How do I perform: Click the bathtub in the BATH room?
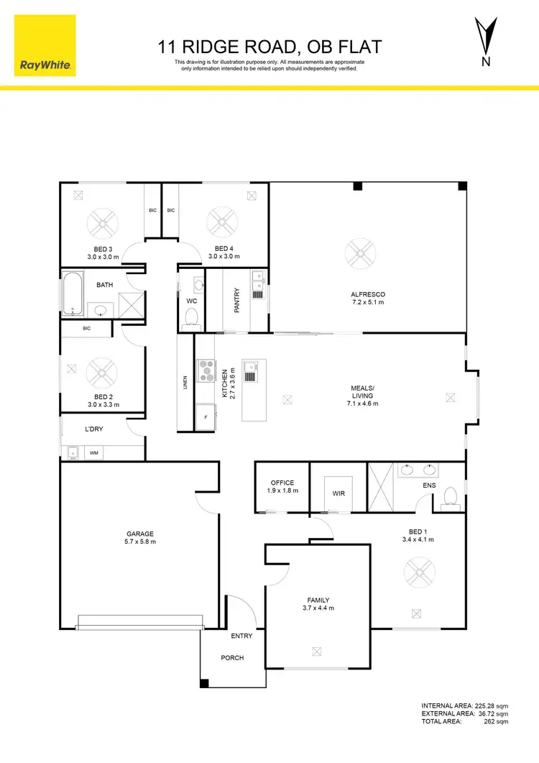pos(72,293)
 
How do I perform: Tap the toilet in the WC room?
pos(191,316)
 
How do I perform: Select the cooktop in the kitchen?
pos(207,370)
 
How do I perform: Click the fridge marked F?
pos(206,416)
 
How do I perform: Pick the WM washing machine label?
pos(93,453)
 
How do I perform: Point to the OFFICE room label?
pos(282,486)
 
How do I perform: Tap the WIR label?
pos(338,494)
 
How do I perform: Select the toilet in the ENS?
pos(451,496)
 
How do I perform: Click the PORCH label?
pos(233,658)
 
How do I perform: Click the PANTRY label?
pos(236,300)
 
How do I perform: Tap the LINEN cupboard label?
pos(185,383)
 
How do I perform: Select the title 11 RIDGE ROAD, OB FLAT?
pos(269,48)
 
